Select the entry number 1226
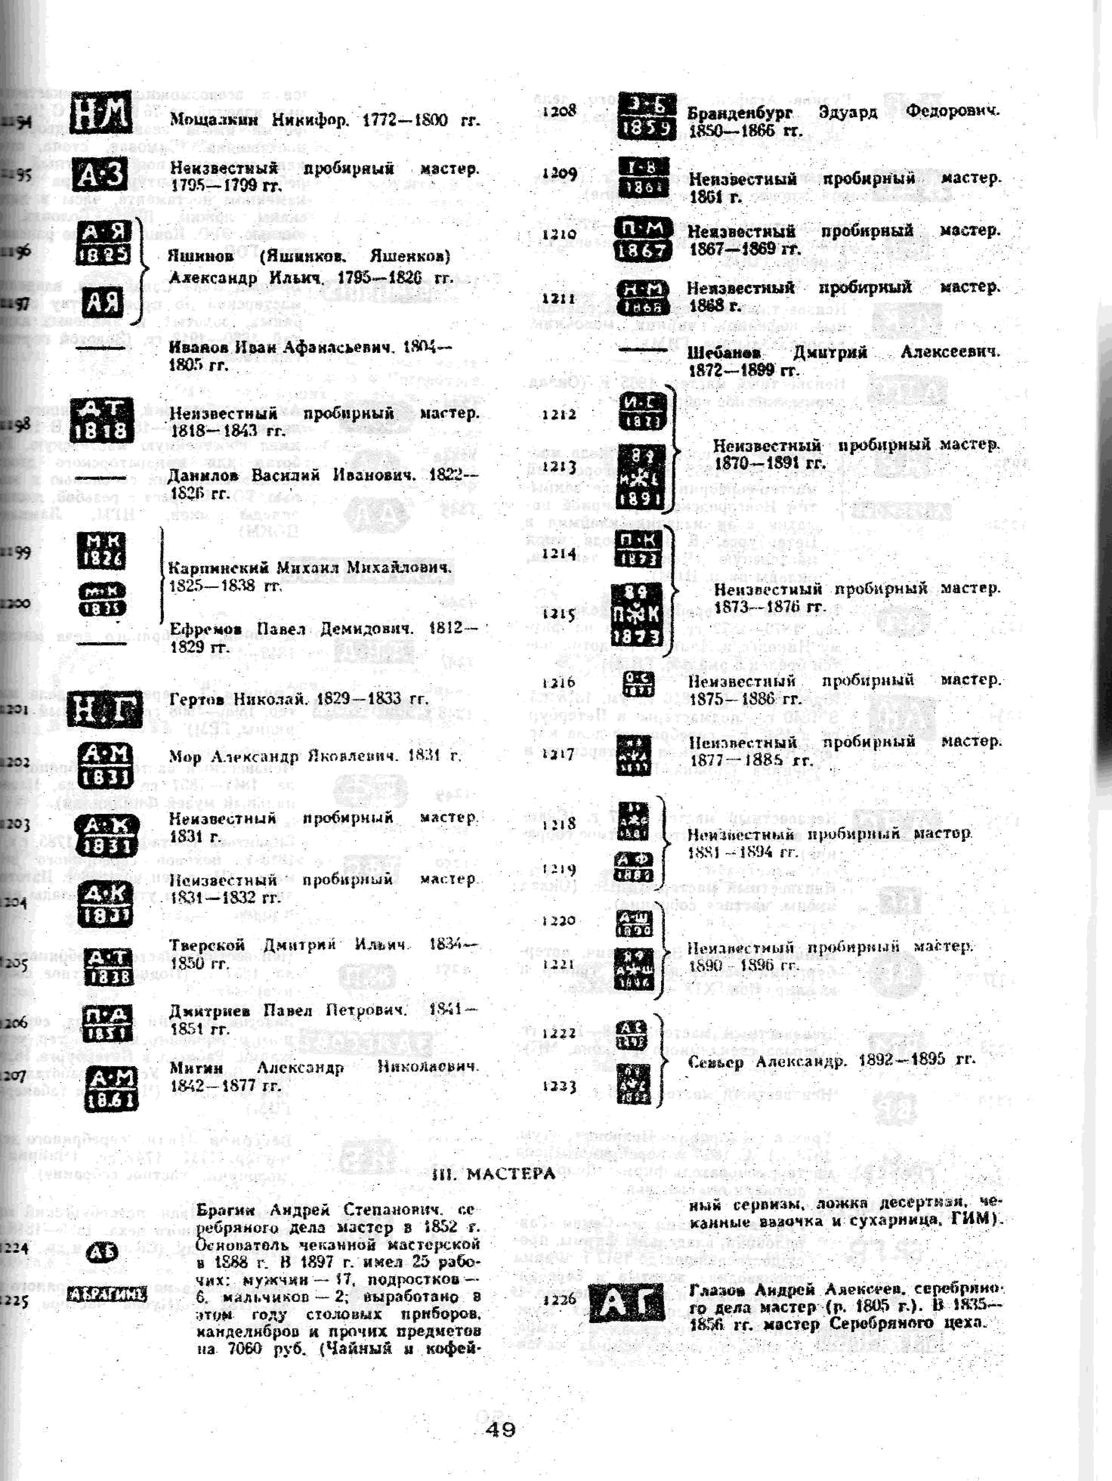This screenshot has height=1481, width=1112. (x=560, y=1299)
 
